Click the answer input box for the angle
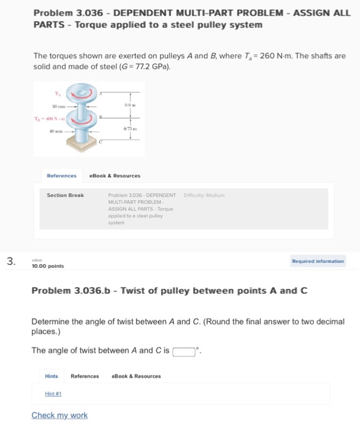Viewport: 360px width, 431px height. tap(183, 352)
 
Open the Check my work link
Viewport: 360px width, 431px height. tap(60, 415)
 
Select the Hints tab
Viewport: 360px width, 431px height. tap(52, 376)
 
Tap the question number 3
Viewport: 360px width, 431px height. tap(10, 261)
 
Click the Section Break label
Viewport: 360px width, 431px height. tap(65, 195)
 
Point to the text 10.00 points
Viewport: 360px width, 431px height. tap(47, 266)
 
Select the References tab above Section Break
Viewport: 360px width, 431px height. tap(62, 175)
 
